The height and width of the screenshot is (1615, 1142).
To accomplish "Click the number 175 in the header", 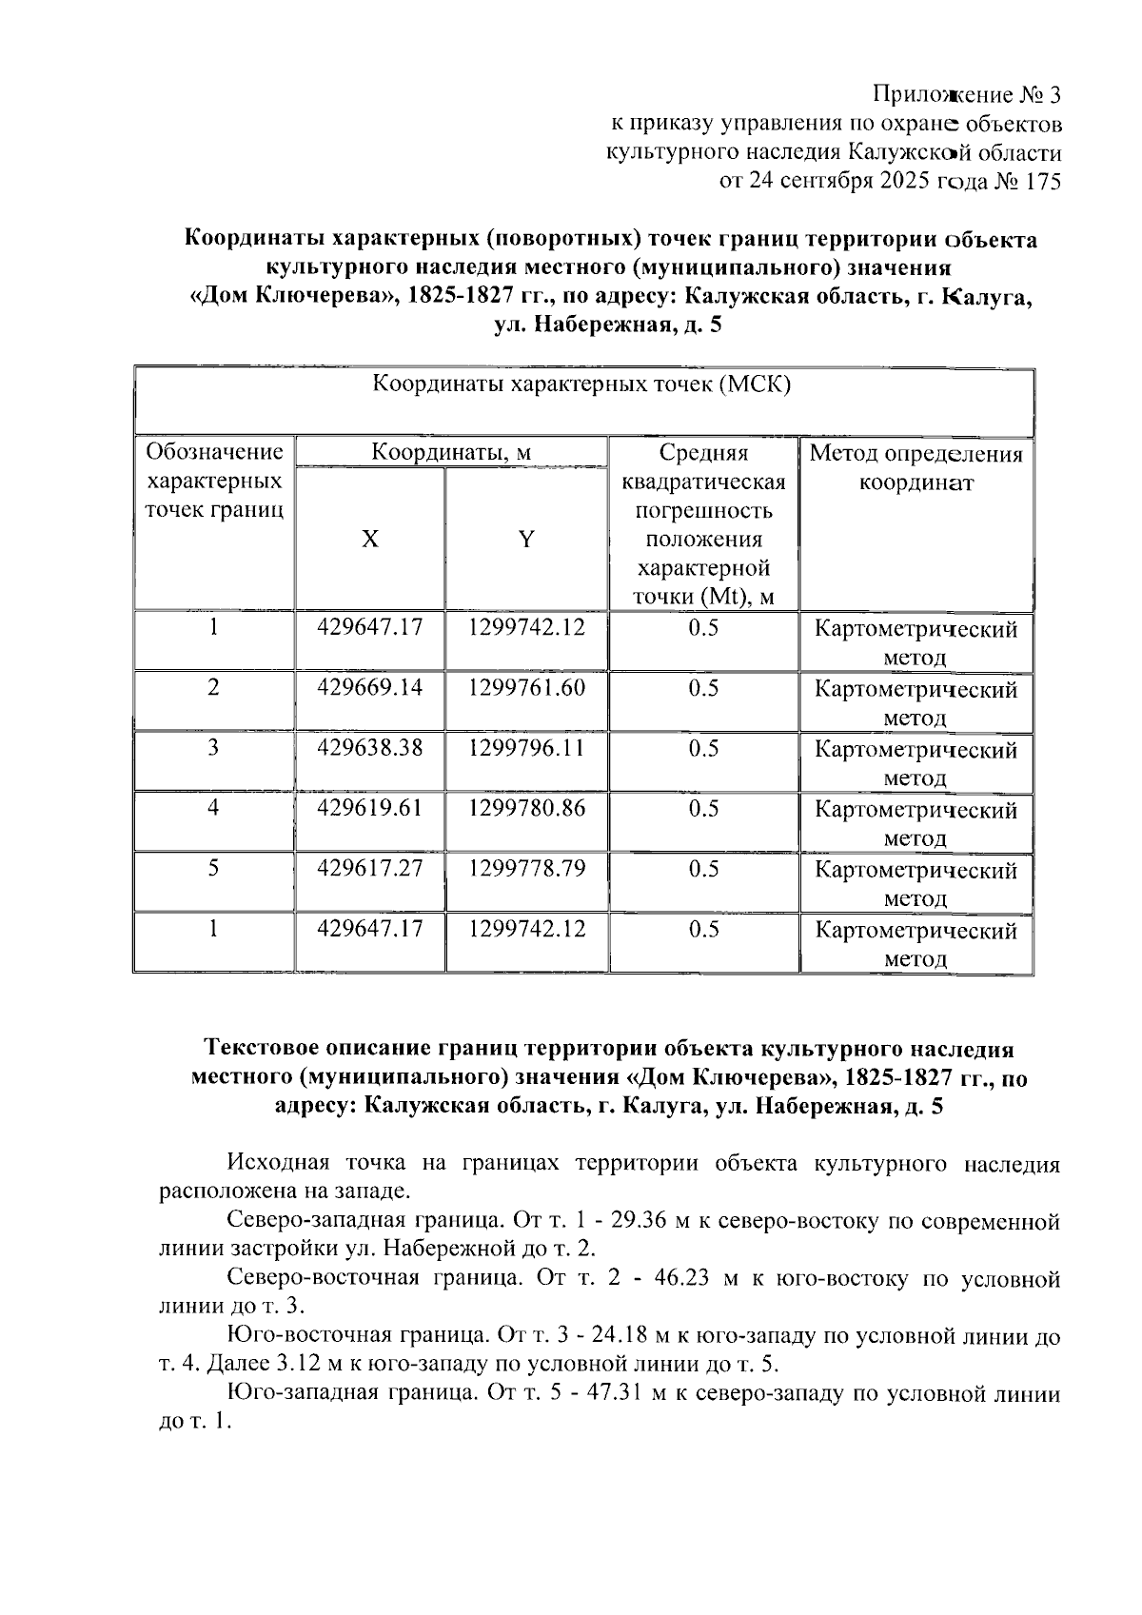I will click(x=1039, y=182).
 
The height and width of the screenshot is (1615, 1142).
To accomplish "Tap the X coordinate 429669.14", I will click(x=370, y=688).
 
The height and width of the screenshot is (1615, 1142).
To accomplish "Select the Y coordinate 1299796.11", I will click(x=526, y=748).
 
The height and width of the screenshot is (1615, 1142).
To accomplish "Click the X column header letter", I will click(x=369, y=540).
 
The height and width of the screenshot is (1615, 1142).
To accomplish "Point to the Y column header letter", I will click(x=525, y=540).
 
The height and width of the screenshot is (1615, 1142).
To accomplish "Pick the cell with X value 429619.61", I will click(x=370, y=808).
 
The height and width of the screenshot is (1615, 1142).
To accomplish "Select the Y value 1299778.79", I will click(x=526, y=868).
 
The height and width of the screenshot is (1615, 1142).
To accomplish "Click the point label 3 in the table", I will click(x=213, y=748).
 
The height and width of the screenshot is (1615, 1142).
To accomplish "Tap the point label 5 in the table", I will click(x=213, y=868).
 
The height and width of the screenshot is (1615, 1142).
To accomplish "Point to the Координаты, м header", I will click(x=451, y=452).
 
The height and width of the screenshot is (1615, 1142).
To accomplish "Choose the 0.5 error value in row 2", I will click(x=703, y=688).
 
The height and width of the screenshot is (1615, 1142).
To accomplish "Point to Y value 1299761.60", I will click(x=526, y=688).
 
